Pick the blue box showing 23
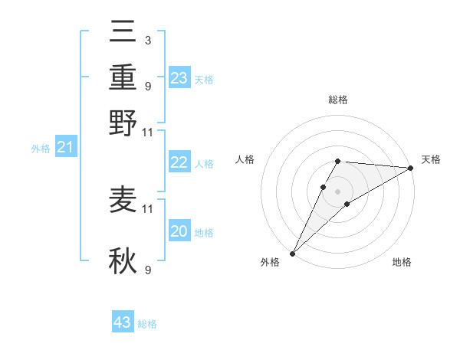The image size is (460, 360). click(x=179, y=78)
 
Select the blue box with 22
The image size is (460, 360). click(x=179, y=162)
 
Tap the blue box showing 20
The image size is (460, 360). click(x=179, y=231)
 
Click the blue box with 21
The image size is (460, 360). click(x=65, y=147)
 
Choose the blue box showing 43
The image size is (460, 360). click(x=123, y=322)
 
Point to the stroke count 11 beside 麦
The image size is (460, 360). click(x=148, y=208)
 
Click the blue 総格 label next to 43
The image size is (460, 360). click(x=147, y=324)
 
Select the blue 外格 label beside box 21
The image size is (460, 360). click(x=41, y=149)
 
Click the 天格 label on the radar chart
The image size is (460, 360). click(x=431, y=159)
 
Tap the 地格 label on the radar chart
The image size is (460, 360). click(x=402, y=262)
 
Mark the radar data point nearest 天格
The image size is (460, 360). click(x=410, y=168)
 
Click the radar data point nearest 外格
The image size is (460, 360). click(x=292, y=254)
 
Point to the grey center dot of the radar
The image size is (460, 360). click(x=337, y=190)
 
